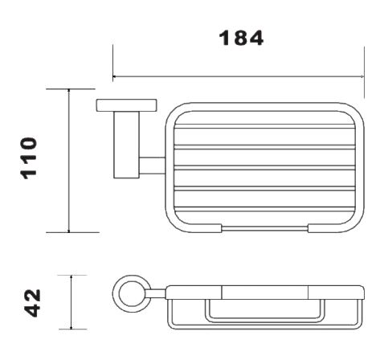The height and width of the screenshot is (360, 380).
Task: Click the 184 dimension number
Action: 241,38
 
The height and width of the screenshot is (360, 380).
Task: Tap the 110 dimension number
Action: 29,158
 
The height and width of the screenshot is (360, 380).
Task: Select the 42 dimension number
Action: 33,303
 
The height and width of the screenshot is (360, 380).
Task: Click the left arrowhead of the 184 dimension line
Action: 114,77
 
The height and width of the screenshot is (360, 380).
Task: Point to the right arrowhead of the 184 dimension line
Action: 362,77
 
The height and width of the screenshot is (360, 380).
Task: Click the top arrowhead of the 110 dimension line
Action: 69,91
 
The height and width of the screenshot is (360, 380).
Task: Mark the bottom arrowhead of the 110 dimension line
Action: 69,231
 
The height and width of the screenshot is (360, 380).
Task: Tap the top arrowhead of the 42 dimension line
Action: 72,277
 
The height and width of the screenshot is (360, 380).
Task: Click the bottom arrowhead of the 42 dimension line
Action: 72,327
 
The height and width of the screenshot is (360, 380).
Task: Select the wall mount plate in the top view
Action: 126,105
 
